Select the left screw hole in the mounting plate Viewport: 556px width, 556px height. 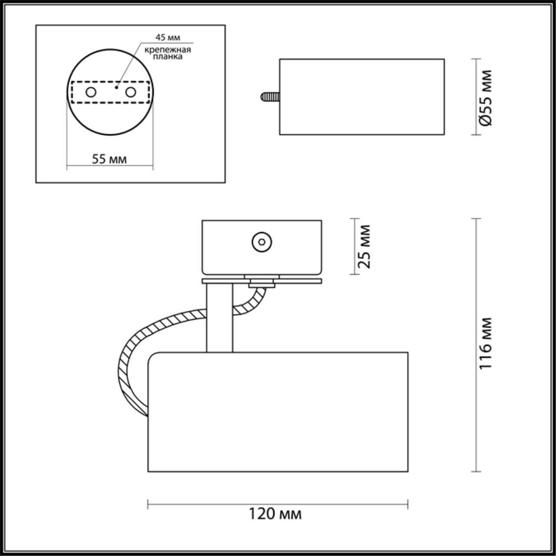point(91,92)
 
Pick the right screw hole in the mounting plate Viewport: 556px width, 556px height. point(131,92)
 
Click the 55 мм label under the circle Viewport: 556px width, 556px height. point(109,159)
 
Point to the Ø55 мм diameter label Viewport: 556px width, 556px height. point(486,97)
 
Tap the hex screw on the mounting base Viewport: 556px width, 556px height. point(261,241)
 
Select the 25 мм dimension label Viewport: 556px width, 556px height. point(366,247)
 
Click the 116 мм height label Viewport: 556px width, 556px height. point(486,344)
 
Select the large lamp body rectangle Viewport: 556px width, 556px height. point(278,412)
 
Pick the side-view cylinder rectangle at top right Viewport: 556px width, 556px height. point(361,97)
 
